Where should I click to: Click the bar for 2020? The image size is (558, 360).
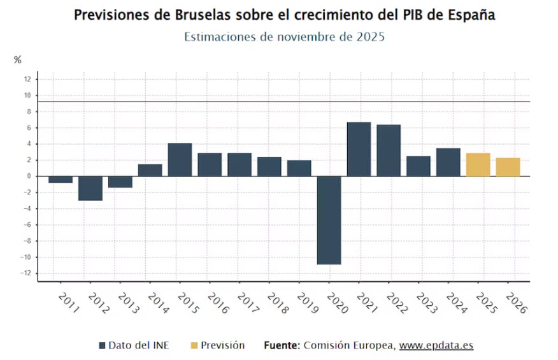point(329,220)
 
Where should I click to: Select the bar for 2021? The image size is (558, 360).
point(359,149)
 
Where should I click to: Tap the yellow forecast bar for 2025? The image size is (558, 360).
point(478,164)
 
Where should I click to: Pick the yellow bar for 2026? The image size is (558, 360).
point(508,167)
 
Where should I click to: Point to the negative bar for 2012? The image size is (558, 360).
point(90,188)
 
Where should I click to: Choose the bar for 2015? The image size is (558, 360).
point(180,159)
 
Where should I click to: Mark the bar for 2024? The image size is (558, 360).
point(448,162)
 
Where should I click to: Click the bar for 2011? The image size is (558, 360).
point(61,179)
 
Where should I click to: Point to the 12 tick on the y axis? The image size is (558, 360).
point(27,79)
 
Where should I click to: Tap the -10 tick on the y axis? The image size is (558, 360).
point(25,257)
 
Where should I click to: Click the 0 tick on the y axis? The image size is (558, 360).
point(29,176)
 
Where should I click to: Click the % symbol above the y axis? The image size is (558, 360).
point(18,60)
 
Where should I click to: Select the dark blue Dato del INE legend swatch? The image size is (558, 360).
point(102,345)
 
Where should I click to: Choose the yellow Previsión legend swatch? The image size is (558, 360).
point(194,345)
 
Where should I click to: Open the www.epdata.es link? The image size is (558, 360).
point(436,345)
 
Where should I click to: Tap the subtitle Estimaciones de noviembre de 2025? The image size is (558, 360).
point(284,37)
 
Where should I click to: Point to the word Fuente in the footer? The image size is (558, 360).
point(282,345)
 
